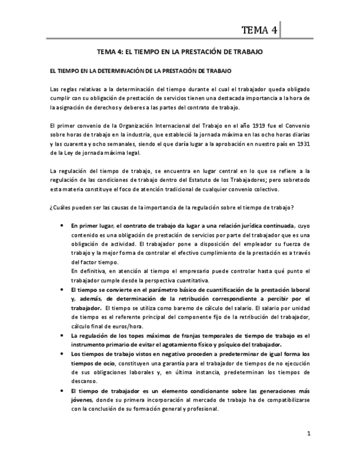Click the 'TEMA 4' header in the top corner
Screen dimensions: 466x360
click(x=259, y=30)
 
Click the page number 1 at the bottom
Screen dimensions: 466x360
click(x=309, y=434)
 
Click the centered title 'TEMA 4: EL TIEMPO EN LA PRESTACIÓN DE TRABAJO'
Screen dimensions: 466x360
click(x=180, y=52)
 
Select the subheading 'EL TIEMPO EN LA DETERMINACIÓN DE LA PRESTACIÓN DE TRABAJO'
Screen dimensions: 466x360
click(x=141, y=71)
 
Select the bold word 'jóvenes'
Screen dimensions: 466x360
click(x=82, y=400)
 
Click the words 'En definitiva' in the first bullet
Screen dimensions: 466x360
click(x=88, y=271)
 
